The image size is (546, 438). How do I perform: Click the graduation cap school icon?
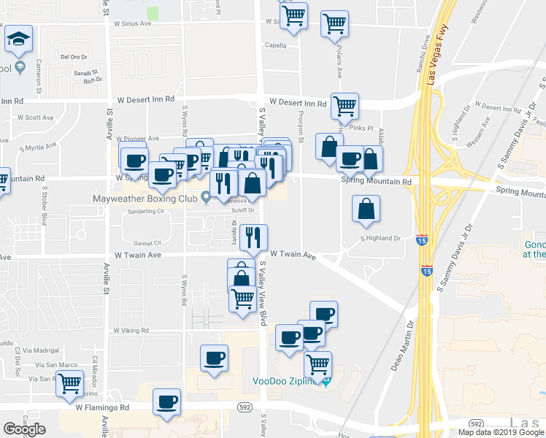[x=19, y=41]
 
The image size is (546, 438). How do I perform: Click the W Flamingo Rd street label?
[x=102, y=407]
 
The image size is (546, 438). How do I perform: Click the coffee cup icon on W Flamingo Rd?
[x=167, y=401]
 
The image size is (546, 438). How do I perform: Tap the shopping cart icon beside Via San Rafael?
[x=70, y=382]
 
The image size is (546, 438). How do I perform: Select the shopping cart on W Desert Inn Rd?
[x=345, y=105]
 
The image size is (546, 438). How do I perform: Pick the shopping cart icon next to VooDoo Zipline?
[x=318, y=364]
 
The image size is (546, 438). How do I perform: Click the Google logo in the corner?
[x=24, y=429]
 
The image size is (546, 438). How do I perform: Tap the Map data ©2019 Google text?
[x=500, y=432]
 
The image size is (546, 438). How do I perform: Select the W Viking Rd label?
[x=131, y=331]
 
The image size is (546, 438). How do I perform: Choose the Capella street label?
[x=275, y=45]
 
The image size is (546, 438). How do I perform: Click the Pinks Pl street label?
[x=361, y=128]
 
